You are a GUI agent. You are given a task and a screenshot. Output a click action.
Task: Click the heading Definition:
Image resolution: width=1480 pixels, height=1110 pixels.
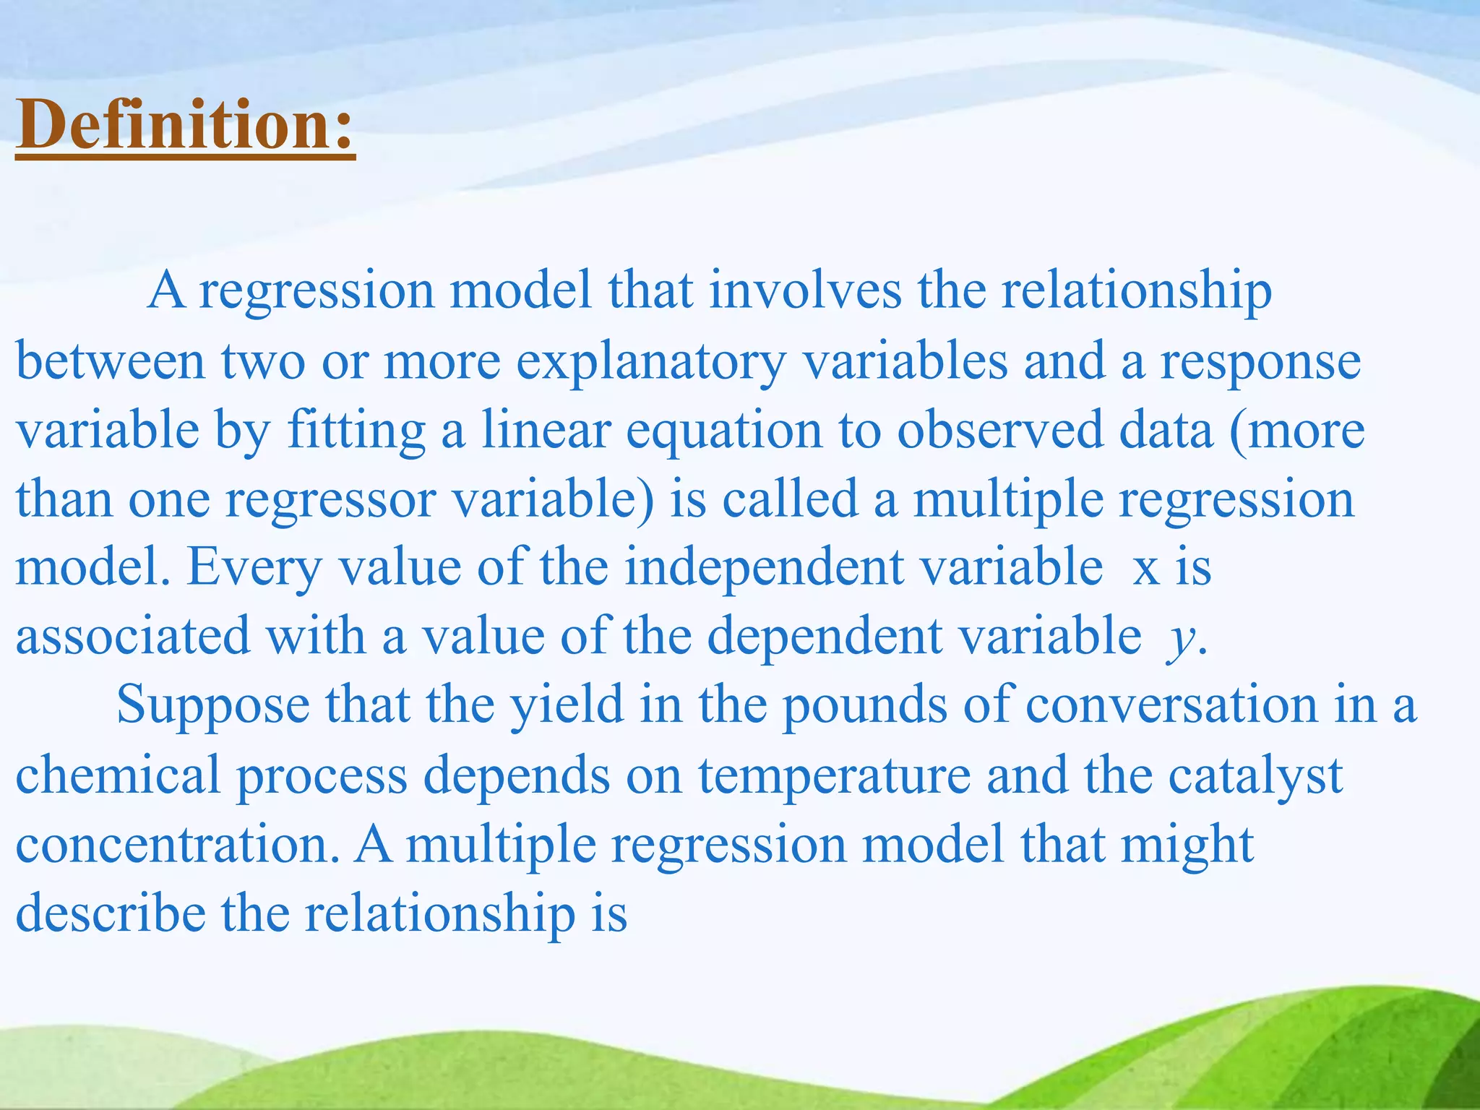click(185, 124)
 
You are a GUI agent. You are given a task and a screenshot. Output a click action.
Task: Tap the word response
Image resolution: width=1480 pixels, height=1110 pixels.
click(1260, 363)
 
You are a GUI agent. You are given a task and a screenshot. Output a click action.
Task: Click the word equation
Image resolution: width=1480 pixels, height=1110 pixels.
click(724, 432)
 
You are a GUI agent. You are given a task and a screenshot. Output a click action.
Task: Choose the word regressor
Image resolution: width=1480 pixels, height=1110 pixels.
click(330, 500)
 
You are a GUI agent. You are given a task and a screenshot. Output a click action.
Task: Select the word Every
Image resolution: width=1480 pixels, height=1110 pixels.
click(254, 568)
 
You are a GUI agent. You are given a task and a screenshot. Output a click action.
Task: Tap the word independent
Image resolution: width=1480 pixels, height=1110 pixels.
click(765, 568)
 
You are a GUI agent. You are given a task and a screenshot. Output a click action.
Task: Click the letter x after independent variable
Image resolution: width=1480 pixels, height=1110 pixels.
click(1145, 569)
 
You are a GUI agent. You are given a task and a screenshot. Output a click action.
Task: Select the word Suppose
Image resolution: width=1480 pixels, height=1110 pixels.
click(212, 705)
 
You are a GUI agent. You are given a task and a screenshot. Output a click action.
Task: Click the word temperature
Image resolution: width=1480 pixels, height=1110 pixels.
click(834, 775)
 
